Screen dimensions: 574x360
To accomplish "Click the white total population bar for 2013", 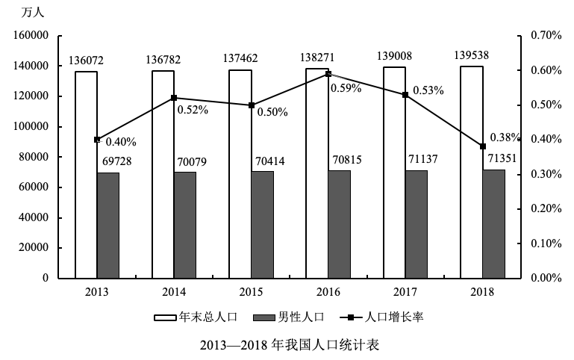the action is pos(87,175).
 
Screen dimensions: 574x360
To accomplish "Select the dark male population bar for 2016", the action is pos(340,225).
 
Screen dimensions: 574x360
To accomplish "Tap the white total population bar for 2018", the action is pos(472,173).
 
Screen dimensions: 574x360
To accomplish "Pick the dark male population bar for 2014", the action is pos(185,226).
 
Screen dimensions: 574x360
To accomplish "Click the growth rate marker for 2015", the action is pos(252,105).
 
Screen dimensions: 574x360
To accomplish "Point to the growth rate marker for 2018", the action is pos(483,146).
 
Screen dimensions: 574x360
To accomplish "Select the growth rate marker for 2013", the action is pos(97,140).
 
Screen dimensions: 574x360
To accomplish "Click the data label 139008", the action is pos(394,56).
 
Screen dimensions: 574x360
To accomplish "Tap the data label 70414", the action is pos(269,161).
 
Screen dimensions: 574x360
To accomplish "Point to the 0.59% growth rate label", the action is pos(346,88).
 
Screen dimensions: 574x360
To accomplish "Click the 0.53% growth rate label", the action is pos(428,90).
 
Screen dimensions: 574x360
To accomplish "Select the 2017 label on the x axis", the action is pos(405,292).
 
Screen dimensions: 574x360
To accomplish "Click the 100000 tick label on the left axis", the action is pos(31,126).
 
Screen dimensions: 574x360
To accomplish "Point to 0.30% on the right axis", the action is pos(546,174).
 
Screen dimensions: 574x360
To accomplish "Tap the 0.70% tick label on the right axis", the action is pos(546,35).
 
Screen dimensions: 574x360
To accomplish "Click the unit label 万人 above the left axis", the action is pos(33,13).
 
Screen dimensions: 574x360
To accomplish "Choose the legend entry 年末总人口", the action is pos(196,317).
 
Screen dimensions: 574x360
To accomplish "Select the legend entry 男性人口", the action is pos(289,317).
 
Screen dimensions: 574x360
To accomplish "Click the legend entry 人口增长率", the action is pos(381,317).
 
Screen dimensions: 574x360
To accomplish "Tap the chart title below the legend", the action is pos(290,345).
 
